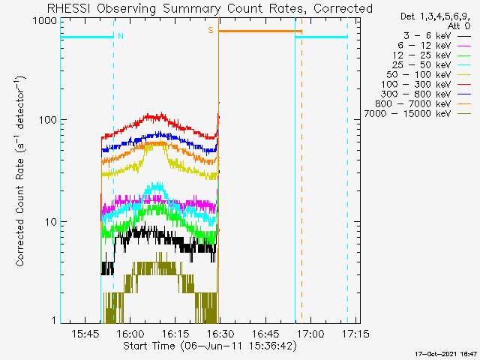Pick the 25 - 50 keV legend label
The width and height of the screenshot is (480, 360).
(421, 65)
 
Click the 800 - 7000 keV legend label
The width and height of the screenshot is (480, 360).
(413, 103)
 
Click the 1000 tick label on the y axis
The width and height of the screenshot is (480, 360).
(45, 20)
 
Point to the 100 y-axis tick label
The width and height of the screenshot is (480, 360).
(48, 120)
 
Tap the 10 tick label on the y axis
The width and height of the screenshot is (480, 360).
(51, 222)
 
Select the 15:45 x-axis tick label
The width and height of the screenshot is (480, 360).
(85, 333)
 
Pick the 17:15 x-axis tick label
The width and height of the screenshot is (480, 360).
(355, 333)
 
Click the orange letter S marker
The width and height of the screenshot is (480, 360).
(211, 30)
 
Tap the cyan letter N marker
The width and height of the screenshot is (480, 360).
(121, 36)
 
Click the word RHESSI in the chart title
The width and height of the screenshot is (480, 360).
(69, 8)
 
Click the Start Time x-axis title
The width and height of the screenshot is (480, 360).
(148, 346)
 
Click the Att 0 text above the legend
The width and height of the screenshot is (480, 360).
(458, 26)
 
